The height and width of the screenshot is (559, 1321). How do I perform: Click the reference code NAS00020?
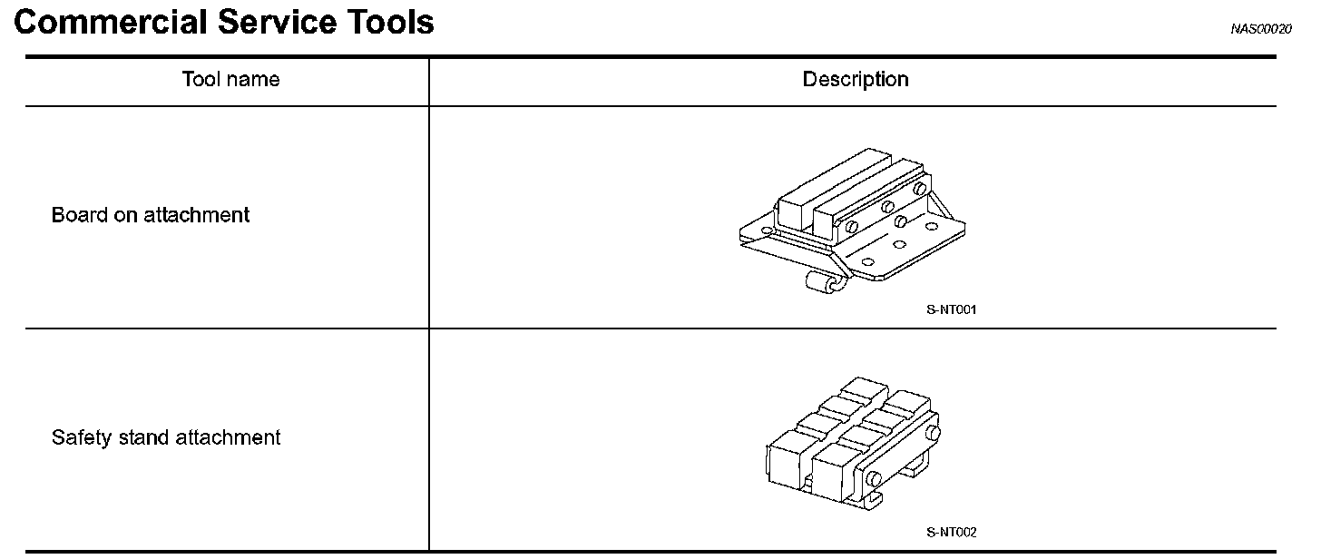(1260, 29)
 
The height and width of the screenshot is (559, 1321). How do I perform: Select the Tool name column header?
(230, 80)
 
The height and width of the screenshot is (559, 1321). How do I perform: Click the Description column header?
(855, 80)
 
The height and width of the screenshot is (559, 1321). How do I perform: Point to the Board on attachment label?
(150, 216)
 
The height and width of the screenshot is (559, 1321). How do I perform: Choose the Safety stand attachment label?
(166, 438)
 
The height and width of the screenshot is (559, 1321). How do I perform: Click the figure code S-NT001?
(951, 309)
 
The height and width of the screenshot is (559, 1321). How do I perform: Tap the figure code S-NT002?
(951, 533)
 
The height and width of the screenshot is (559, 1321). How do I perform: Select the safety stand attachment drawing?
(851, 440)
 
